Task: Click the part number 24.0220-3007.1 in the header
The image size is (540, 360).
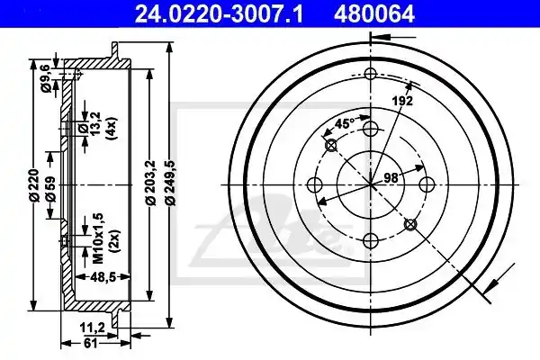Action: click(219, 14)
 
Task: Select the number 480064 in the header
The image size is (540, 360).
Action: click(373, 14)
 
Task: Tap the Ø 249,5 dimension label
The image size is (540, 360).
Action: click(171, 183)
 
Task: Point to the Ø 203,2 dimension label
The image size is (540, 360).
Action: click(151, 183)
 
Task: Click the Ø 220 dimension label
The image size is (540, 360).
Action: click(34, 185)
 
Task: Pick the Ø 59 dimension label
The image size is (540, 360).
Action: click(50, 189)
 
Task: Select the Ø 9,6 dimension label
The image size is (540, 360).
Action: click(47, 79)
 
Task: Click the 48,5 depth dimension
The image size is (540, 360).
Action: click(103, 276)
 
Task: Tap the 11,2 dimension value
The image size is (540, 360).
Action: click(92, 328)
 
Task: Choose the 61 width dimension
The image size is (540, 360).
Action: click(89, 344)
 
